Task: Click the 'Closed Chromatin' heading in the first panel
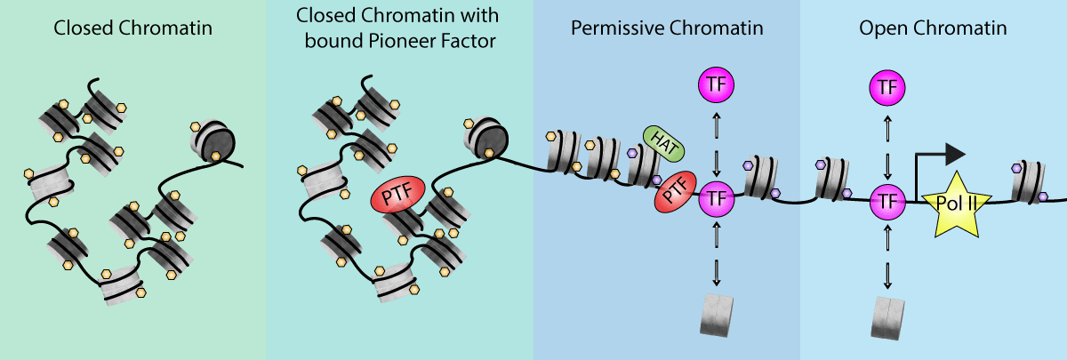tap(133, 28)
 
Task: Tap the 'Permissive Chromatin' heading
tap(667, 28)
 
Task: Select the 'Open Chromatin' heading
tap(933, 28)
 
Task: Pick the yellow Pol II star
tap(957, 204)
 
